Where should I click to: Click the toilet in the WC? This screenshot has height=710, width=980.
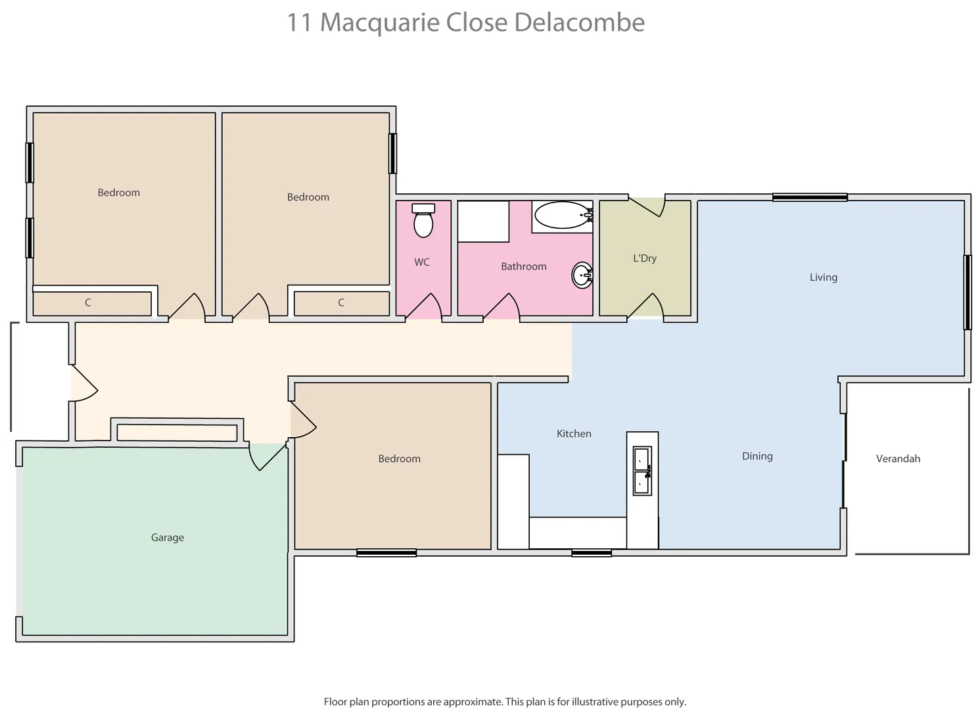coord(423,221)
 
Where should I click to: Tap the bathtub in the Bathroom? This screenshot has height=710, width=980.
coord(563,215)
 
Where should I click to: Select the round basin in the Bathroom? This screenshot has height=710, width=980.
coord(582,275)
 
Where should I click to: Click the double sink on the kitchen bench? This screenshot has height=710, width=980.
coord(642,470)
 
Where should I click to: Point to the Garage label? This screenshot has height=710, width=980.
coord(167,538)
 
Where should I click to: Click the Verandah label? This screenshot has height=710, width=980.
coord(898,459)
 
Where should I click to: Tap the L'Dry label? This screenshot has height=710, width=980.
coord(644,258)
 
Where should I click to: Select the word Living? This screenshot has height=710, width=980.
coord(823,277)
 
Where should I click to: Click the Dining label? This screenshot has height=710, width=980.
coord(757,456)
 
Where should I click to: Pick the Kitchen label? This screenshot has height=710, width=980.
coord(574,434)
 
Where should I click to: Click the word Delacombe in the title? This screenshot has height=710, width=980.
coord(579,22)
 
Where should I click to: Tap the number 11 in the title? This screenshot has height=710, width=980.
coord(299,22)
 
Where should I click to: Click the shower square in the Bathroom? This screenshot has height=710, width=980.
coord(483,222)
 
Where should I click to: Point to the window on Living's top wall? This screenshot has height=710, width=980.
coord(809,197)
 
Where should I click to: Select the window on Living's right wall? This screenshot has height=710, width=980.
coord(967,292)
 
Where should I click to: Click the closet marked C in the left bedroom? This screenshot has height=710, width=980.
coord(92,303)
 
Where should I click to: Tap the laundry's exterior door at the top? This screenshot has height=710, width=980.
coord(647,205)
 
